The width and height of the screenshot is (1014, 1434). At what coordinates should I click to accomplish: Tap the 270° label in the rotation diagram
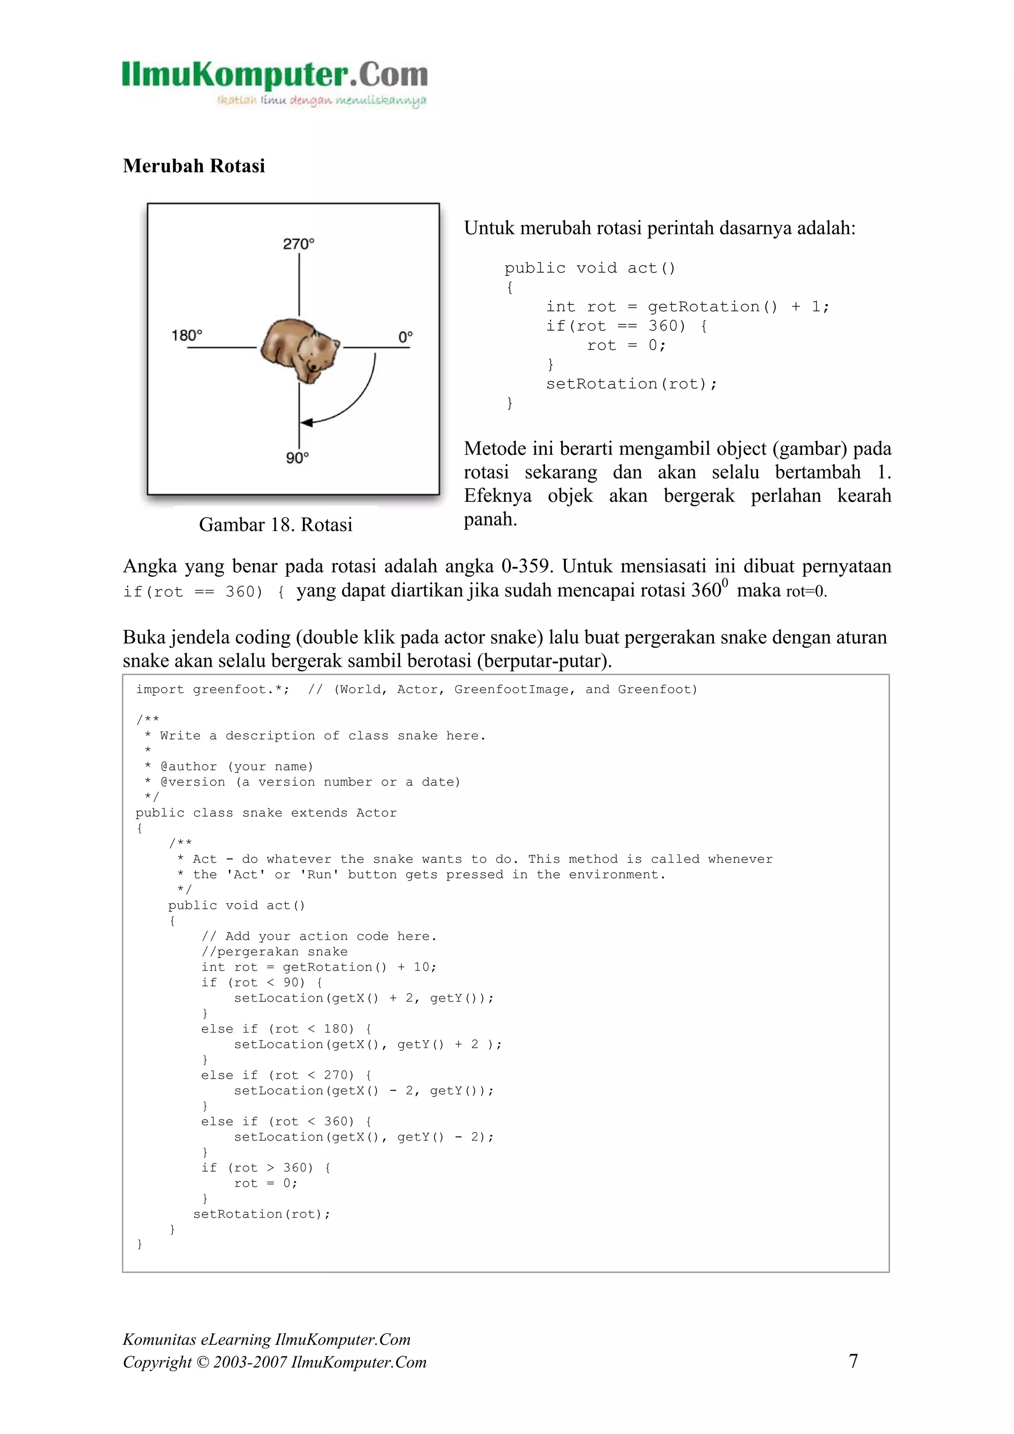[x=299, y=244]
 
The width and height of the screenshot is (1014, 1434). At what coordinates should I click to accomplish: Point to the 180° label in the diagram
[x=187, y=336]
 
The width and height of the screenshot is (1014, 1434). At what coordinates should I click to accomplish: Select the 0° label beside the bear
[x=405, y=337]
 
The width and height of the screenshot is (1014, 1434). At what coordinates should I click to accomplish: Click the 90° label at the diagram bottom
[x=298, y=458]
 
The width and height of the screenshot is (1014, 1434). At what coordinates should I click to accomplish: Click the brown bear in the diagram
[x=299, y=350]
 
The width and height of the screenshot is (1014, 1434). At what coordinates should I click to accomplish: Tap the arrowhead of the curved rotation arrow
[x=306, y=423]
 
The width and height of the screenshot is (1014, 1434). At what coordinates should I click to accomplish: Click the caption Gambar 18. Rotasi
[x=275, y=524]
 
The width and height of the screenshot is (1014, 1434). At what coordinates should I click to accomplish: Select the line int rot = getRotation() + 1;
[x=687, y=307]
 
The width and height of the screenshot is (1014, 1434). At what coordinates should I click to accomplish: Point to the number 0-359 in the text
[x=525, y=566]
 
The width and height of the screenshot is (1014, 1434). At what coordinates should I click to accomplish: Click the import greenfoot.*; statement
[x=212, y=690]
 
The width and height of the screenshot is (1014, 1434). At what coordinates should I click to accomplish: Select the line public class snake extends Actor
[x=266, y=813]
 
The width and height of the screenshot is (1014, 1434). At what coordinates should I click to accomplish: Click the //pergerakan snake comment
[x=274, y=951]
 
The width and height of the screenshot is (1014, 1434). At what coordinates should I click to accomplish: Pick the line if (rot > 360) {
[x=265, y=1167]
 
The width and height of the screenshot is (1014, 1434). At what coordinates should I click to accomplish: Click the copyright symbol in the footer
[x=201, y=1362]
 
